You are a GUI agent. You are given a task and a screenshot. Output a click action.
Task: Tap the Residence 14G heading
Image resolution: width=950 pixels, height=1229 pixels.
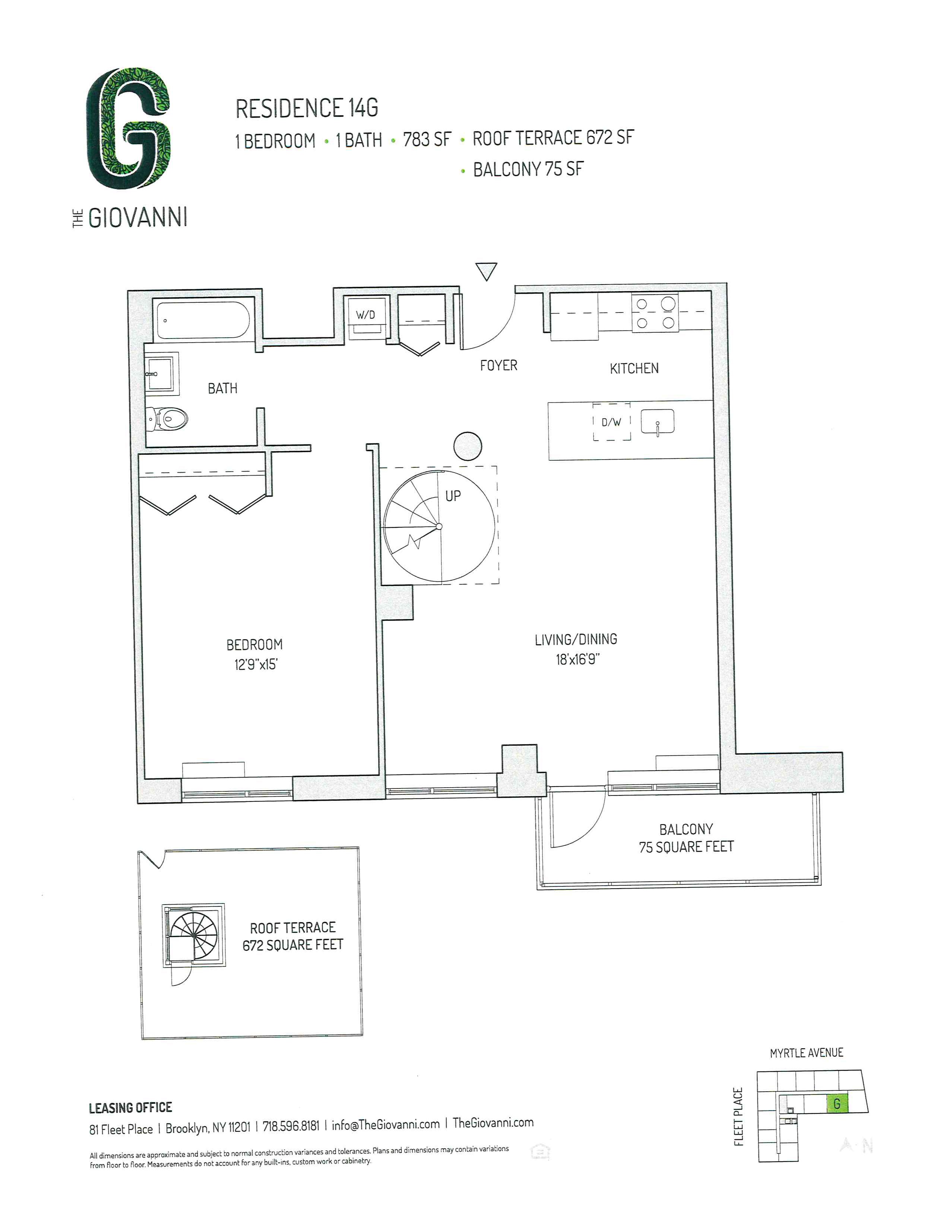(307, 109)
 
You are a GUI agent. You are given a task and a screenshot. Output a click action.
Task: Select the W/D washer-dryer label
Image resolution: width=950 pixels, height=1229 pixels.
(365, 315)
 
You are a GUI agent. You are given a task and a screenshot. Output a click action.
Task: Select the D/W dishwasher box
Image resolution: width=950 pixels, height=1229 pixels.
(611, 422)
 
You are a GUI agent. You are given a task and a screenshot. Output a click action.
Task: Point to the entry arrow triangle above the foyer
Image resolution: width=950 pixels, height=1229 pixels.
(486, 271)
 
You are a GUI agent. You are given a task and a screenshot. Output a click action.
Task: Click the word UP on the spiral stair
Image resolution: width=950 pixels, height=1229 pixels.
(453, 496)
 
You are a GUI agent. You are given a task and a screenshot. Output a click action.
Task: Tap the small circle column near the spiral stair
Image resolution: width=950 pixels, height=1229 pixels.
(468, 446)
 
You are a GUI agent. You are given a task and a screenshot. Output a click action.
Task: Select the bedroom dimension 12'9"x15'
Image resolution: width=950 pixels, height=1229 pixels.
(256, 664)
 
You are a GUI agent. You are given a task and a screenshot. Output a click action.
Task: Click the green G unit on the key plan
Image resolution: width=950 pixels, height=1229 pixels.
(837, 1103)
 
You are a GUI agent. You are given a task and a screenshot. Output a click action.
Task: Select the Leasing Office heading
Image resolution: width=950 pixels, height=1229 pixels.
(130, 1108)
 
